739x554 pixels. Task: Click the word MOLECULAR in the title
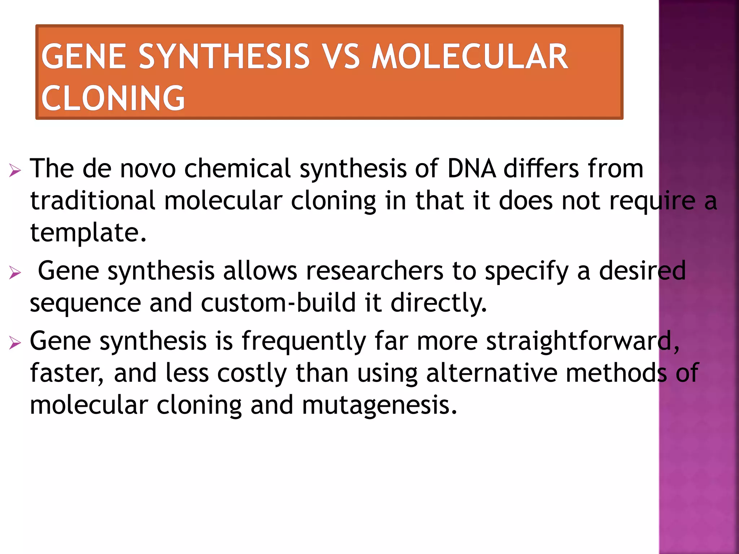(470, 57)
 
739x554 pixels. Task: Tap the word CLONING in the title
(113, 98)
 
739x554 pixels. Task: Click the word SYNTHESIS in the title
(224, 57)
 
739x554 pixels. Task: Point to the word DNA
(471, 168)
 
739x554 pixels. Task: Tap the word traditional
(93, 201)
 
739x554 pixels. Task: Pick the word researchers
(375, 271)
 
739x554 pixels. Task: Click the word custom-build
(278, 303)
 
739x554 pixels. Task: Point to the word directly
(439, 303)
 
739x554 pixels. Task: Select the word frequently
(303, 341)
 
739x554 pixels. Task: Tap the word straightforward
(582, 341)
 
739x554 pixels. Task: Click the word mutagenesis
(379, 405)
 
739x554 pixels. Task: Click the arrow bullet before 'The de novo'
(15, 170)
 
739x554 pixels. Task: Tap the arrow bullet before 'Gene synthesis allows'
(15, 272)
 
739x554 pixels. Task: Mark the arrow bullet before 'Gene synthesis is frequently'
(15, 342)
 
